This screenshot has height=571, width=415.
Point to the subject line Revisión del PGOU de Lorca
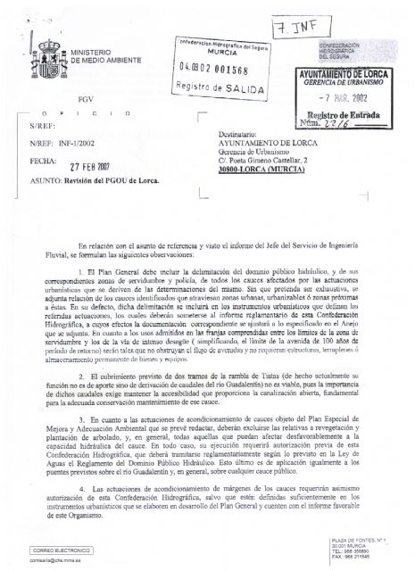point(106,179)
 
